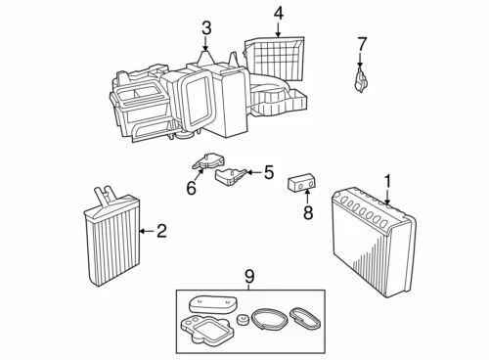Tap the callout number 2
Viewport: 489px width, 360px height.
pos(161,231)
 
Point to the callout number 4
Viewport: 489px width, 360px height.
pos(279,14)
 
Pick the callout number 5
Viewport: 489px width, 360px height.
pos(269,172)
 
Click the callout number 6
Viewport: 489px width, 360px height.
pos(192,187)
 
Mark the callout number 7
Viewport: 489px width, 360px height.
pos(362,43)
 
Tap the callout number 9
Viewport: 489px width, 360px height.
pos(248,277)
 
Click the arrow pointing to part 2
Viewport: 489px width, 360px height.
pos(146,231)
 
